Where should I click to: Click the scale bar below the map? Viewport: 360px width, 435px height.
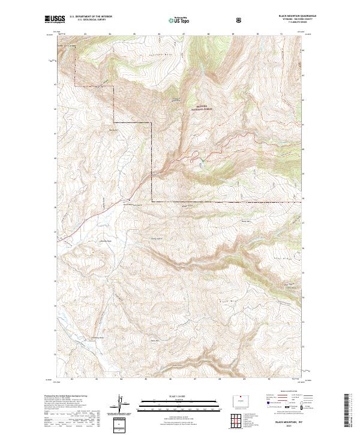[x=179, y=403]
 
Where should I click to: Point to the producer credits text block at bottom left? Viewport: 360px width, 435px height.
[x=66, y=408]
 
